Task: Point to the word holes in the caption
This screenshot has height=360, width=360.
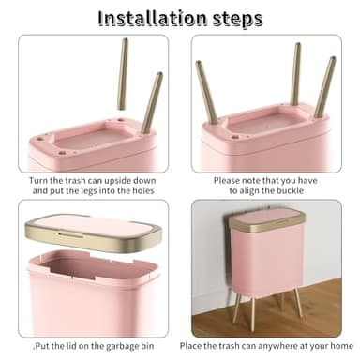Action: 142,190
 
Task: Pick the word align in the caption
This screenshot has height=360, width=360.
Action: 239,190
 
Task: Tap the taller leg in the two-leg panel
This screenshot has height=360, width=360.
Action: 126,75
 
